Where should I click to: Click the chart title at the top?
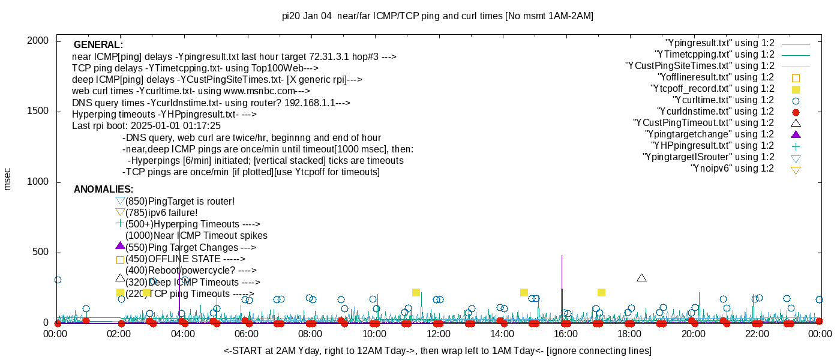click(437, 16)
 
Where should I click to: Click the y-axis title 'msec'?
click(8, 178)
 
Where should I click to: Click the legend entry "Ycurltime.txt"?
click(723, 100)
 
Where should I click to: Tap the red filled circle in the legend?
click(796, 112)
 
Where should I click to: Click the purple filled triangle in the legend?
click(796, 134)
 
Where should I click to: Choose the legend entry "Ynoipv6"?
click(732, 169)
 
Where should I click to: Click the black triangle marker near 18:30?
click(641, 278)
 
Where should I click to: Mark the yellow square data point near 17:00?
click(601, 292)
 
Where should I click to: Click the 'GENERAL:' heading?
click(98, 45)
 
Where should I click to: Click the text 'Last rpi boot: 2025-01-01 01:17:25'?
click(146, 126)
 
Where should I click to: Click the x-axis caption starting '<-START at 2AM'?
click(437, 350)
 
